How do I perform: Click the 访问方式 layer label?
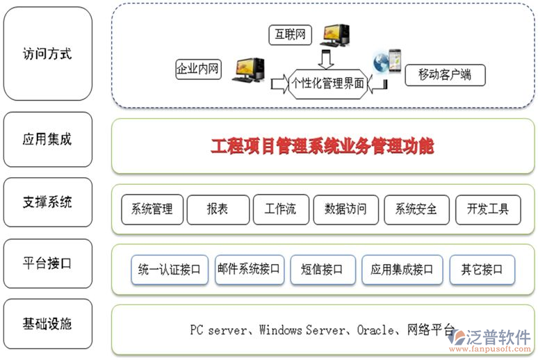(47, 54)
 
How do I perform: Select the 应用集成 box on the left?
(47, 139)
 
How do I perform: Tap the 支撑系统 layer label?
(47, 202)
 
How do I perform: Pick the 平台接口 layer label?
(47, 263)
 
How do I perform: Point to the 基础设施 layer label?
(47, 324)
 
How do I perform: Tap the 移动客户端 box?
(445, 74)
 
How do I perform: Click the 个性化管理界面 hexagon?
(328, 84)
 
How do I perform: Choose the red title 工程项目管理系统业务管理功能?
(322, 146)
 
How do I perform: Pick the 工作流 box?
(280, 208)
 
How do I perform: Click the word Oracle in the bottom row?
(376, 330)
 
